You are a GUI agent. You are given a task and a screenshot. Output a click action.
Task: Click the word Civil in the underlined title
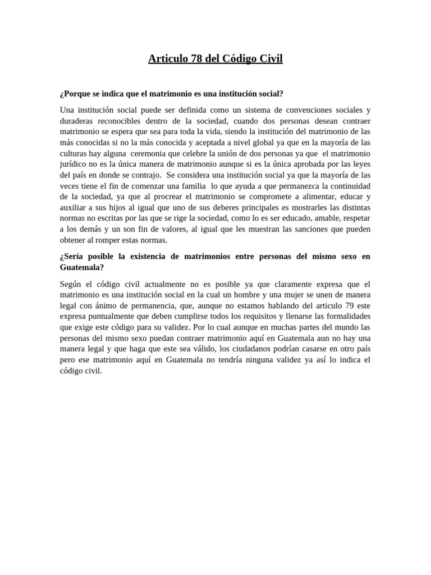tap(270, 58)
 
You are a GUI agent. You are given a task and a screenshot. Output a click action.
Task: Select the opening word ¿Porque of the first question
tap(74, 93)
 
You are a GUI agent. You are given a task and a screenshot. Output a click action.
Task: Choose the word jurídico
tap(74, 165)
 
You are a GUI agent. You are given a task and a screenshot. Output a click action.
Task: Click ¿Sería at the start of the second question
tap(74, 257)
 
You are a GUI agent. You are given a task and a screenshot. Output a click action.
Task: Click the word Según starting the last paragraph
tap(71, 284)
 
